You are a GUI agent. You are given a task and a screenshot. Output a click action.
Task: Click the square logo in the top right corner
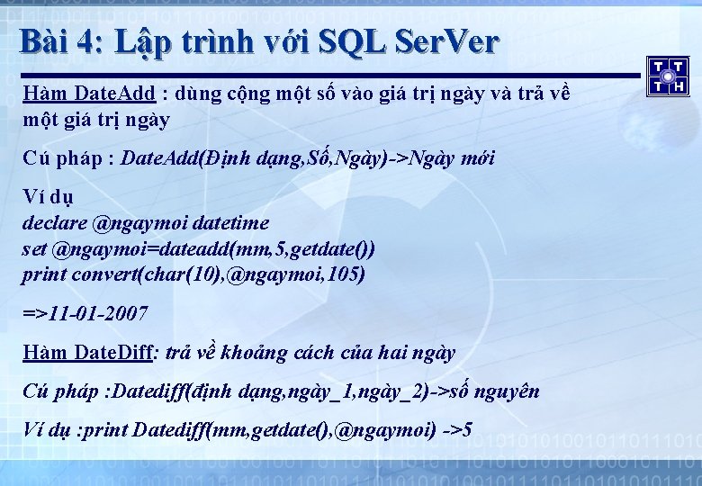click(x=668, y=76)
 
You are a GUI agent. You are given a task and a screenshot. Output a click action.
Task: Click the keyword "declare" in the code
click(x=53, y=222)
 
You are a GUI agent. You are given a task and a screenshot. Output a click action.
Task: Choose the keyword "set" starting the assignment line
click(x=33, y=248)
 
